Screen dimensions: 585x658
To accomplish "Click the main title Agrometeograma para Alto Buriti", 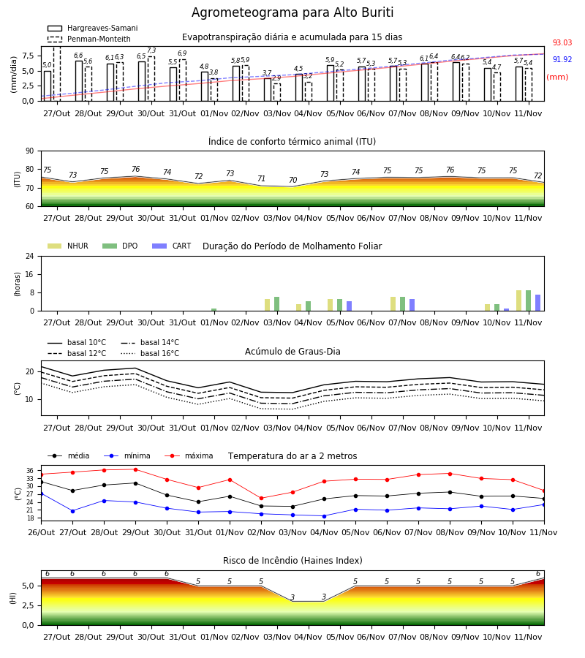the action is (x=292, y=12).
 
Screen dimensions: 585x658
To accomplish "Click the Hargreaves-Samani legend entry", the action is (x=92, y=28).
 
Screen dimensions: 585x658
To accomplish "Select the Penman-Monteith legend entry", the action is (x=89, y=39).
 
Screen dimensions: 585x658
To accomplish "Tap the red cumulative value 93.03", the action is (x=562, y=42).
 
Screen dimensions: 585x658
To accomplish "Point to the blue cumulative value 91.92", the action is (x=562, y=59).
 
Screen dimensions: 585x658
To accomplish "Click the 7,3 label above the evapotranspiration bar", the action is (x=151, y=50).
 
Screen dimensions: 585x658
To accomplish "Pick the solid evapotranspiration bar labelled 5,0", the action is (x=48, y=86).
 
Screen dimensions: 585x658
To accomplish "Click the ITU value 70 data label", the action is (x=293, y=180).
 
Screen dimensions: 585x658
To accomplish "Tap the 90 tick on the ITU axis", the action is (x=30, y=151).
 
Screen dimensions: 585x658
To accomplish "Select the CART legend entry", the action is (x=172, y=246).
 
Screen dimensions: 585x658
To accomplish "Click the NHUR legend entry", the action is (x=68, y=246).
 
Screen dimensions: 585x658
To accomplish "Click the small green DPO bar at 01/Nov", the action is (x=214, y=310).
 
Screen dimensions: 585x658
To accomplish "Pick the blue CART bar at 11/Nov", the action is (x=538, y=303).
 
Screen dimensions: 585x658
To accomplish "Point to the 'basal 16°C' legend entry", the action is (x=150, y=353).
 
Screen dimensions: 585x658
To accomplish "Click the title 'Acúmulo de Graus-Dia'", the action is (x=292, y=352).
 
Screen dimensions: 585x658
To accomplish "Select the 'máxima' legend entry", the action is (x=189, y=455).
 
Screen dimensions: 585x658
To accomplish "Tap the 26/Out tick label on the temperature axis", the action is (x=41, y=532).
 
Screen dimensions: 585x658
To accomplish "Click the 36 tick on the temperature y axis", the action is (x=30, y=471).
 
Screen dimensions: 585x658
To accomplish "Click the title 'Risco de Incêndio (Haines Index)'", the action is (x=292, y=561).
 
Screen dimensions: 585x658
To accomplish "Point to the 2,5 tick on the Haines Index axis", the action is (x=29, y=605).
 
